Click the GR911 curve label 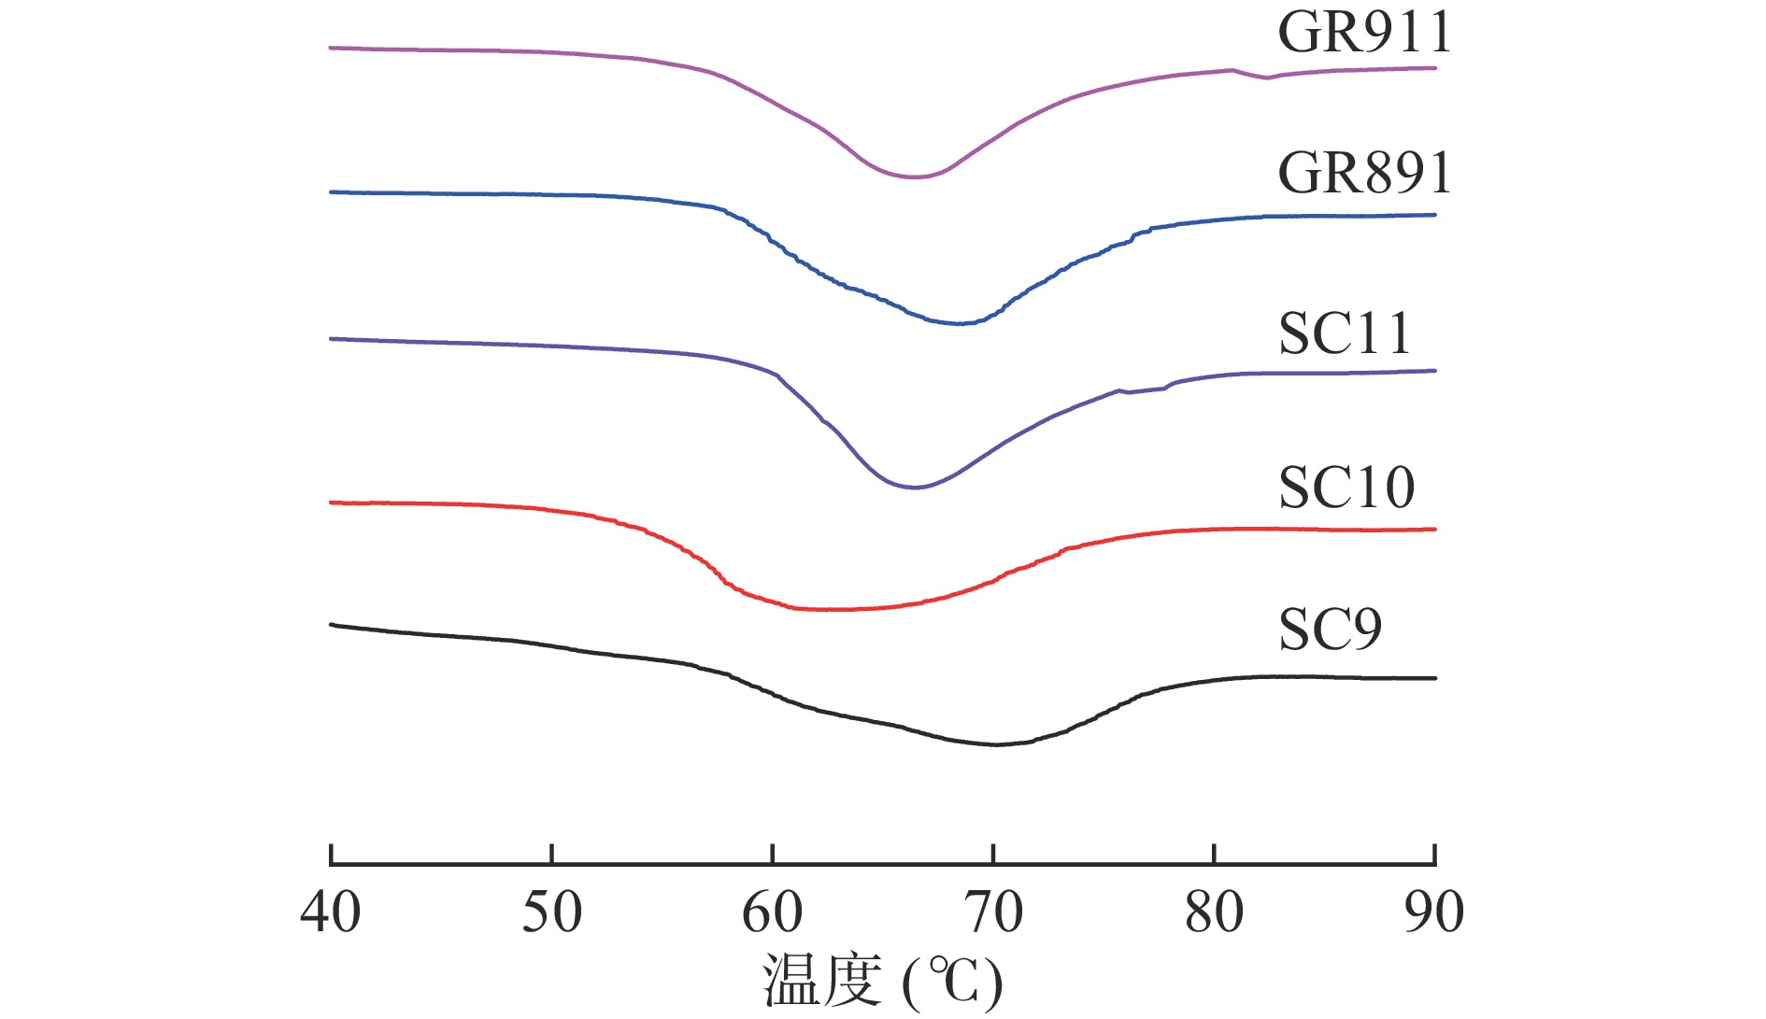(1363, 33)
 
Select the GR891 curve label (1363, 173)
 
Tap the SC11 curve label (1344, 333)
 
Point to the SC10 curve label (1346, 488)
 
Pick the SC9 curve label (1329, 630)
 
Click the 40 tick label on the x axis (331, 913)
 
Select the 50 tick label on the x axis (551, 913)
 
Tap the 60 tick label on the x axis (773, 913)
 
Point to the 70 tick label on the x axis (993, 913)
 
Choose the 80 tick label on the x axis (1214, 913)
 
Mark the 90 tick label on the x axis (1434, 913)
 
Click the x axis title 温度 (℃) (882, 981)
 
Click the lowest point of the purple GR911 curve (914, 177)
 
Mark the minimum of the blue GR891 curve (960, 323)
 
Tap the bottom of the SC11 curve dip (914, 488)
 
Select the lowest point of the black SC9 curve (995, 744)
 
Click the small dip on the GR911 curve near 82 (1266, 78)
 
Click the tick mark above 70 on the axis (993, 854)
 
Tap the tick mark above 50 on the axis (552, 854)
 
